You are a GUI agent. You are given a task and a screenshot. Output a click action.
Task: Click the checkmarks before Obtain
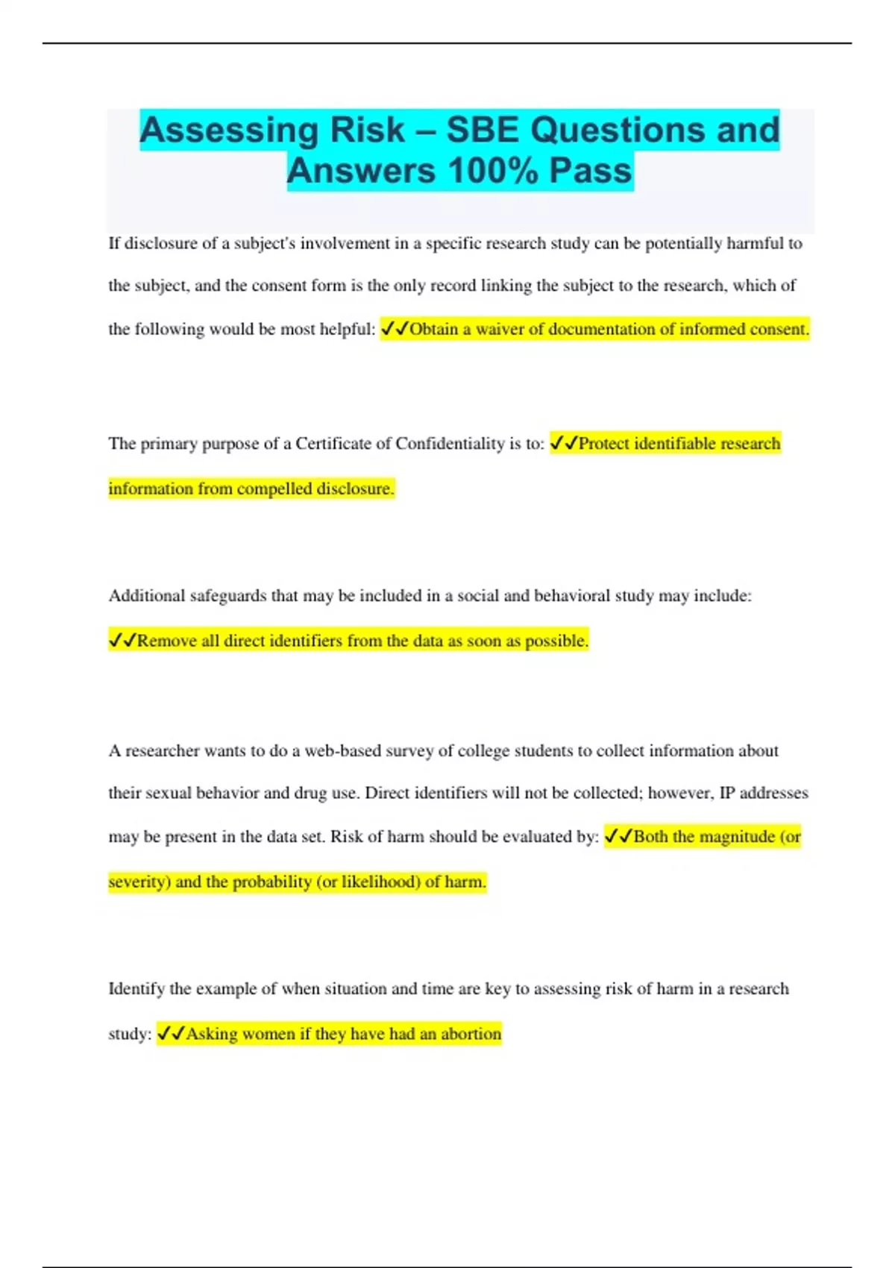pyautogui.click(x=395, y=329)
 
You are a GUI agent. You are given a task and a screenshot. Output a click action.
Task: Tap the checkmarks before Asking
pyautogui.click(x=171, y=1034)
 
